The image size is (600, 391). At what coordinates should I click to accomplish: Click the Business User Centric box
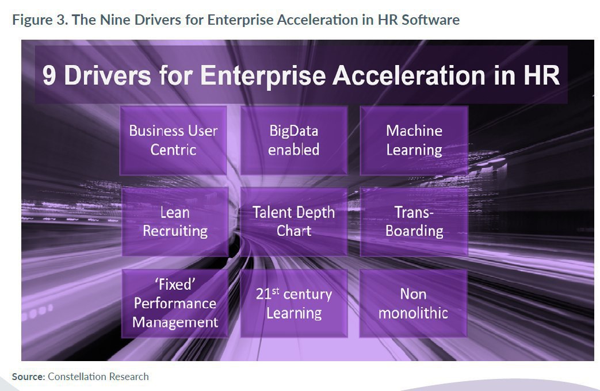pyautogui.click(x=173, y=140)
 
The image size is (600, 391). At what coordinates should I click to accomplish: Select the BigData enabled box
pyautogui.click(x=294, y=140)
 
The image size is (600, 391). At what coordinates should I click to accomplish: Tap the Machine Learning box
pyautogui.click(x=414, y=140)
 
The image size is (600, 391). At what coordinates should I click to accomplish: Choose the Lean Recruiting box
pyautogui.click(x=175, y=221)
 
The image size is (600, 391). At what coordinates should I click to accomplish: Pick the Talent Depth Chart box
pyautogui.click(x=294, y=221)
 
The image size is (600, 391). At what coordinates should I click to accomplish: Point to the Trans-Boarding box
pyautogui.click(x=414, y=221)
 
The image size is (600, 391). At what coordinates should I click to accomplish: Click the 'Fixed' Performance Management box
pyautogui.click(x=175, y=304)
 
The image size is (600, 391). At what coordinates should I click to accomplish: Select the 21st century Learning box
pyautogui.click(x=294, y=304)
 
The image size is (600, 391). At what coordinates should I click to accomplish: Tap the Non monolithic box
pyautogui.click(x=413, y=304)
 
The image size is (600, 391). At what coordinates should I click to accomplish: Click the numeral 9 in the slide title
pyautogui.click(x=49, y=75)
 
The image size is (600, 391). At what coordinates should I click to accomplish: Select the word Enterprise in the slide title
pyautogui.click(x=263, y=76)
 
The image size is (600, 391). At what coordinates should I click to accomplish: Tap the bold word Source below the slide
pyautogui.click(x=28, y=377)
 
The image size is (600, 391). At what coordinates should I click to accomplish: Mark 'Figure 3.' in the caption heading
pyautogui.click(x=40, y=20)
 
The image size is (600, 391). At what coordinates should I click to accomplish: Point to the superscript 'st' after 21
pyautogui.click(x=275, y=291)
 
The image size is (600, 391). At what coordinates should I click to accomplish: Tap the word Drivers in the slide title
pyautogui.click(x=108, y=75)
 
